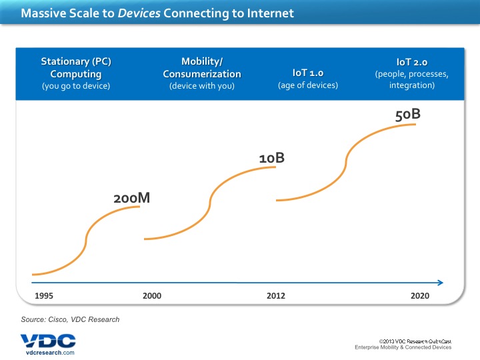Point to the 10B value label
[x=272, y=157]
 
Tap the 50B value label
[x=408, y=114]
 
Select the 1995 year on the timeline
[x=43, y=295]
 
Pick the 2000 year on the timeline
[x=152, y=295]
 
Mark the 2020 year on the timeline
[x=421, y=295]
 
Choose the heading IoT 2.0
[x=412, y=62]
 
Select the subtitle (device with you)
[x=202, y=85]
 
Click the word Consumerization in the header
[x=202, y=73]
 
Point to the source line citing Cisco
[x=71, y=319]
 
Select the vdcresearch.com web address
[x=47, y=352]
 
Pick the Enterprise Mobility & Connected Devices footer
[x=402, y=347]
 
